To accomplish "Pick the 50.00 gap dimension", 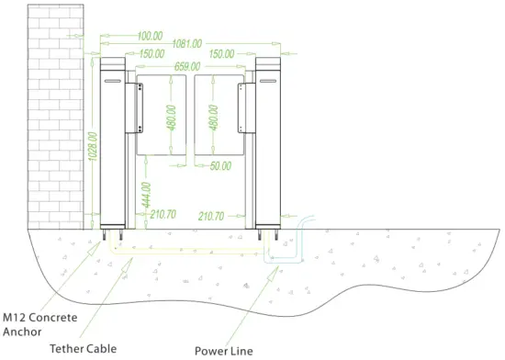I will [220, 166].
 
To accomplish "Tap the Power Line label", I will [222, 349].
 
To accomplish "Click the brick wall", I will [56, 110].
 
